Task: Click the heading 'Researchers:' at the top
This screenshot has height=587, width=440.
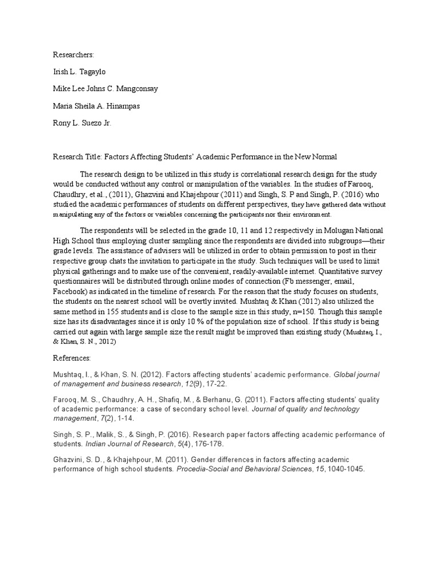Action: coord(73,54)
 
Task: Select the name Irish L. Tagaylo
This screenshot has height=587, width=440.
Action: coord(81,72)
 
